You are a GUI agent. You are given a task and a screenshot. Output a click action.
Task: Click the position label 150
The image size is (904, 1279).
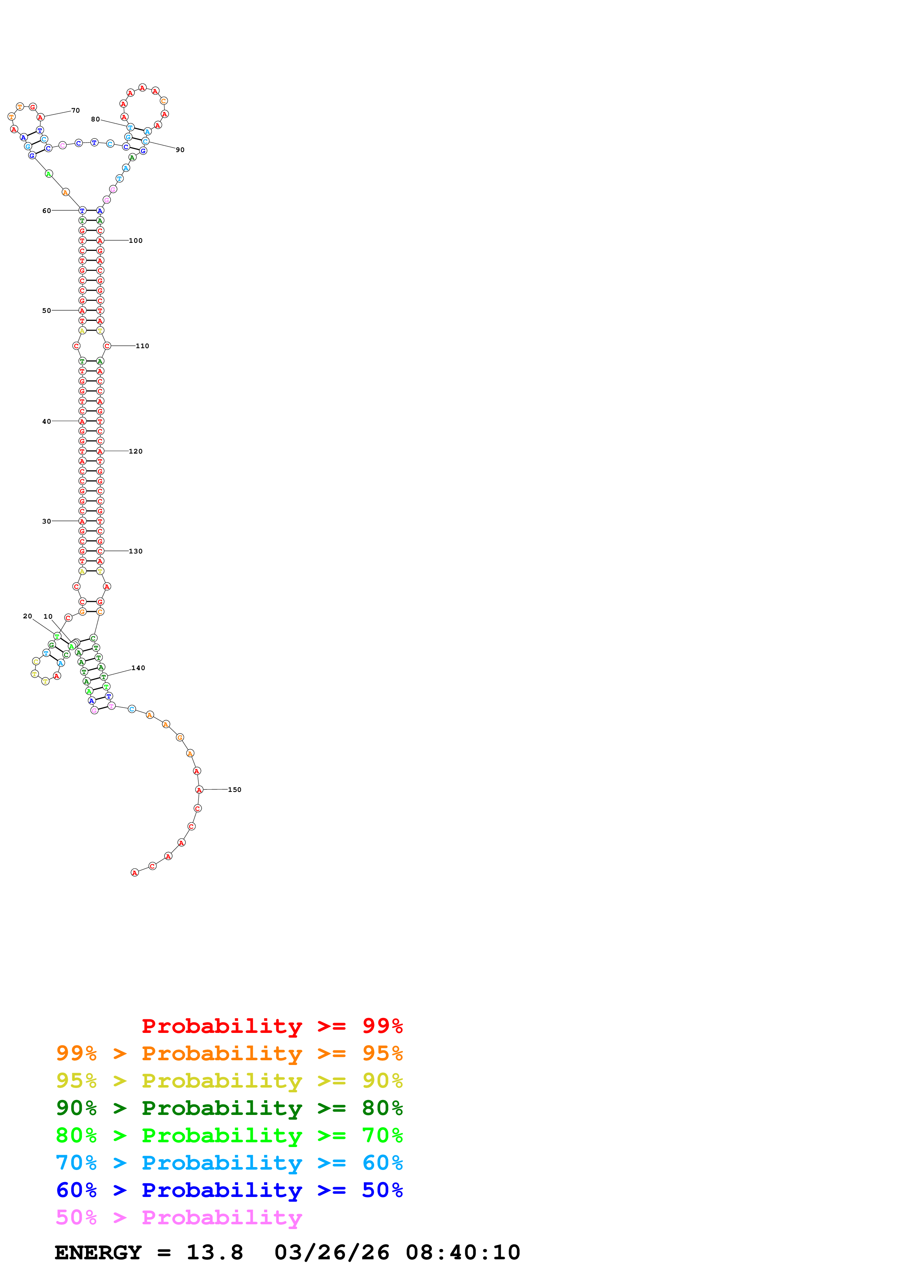234,789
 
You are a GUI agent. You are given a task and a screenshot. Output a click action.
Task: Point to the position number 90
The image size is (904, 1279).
180,150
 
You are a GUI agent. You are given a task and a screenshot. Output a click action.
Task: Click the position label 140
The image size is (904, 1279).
138,668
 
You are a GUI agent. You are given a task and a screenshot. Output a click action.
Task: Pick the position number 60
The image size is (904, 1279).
46,211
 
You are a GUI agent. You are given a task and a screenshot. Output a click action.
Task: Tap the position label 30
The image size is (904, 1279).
46,521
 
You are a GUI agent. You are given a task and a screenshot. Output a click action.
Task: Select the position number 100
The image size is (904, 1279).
135,241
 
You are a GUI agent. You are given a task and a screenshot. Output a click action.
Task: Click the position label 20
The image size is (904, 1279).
27,616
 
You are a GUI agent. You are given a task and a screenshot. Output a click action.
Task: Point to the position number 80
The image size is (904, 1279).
95,119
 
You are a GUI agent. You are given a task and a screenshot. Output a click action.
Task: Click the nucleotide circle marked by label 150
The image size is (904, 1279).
199,789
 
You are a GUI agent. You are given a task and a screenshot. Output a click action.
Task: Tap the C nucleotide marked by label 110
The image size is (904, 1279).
107,346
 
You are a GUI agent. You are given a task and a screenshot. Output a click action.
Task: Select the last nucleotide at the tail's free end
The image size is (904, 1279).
134,872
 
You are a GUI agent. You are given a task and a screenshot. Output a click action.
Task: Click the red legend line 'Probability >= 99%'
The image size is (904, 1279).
272,1026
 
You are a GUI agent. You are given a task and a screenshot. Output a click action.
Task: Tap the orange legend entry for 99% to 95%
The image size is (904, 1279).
229,1053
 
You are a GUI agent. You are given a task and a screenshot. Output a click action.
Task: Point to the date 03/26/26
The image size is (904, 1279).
331,1252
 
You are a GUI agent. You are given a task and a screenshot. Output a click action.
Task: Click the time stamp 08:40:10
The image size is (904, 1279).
462,1252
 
